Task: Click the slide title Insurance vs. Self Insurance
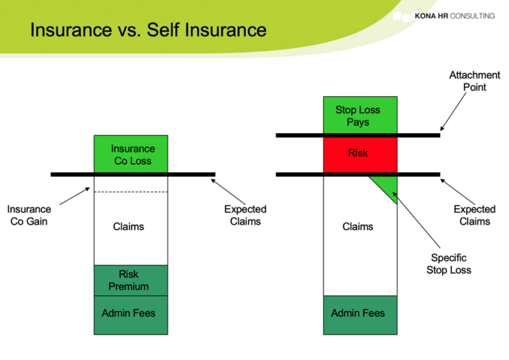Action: [148, 30]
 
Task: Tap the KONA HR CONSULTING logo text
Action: [454, 15]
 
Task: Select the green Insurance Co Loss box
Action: [131, 154]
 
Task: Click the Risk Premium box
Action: [131, 280]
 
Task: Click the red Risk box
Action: [359, 154]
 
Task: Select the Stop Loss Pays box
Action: [359, 115]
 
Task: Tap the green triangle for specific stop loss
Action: [388, 188]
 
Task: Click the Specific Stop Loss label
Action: [449, 264]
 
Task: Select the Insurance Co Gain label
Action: [29, 215]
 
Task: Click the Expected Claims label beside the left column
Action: [245, 215]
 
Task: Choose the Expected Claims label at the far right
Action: [474, 215]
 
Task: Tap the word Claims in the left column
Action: [129, 227]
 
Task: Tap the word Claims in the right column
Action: [358, 227]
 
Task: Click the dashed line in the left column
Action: [131, 192]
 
